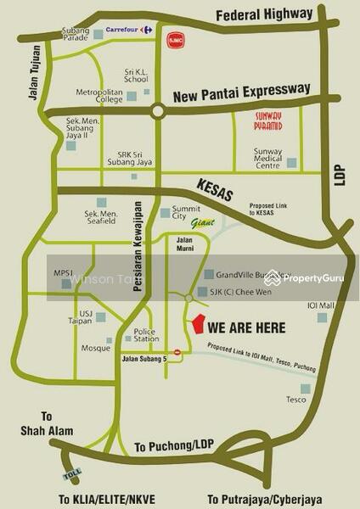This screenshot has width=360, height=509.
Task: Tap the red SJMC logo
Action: click(175, 39)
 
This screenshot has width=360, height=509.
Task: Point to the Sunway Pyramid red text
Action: click(274, 122)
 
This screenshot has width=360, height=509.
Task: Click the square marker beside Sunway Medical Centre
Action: click(292, 162)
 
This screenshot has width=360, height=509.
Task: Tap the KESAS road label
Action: click(214, 189)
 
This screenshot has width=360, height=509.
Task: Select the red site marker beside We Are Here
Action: click(198, 325)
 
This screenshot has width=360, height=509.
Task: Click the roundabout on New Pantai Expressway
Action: click(158, 110)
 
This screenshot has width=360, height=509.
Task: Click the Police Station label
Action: click(146, 335)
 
